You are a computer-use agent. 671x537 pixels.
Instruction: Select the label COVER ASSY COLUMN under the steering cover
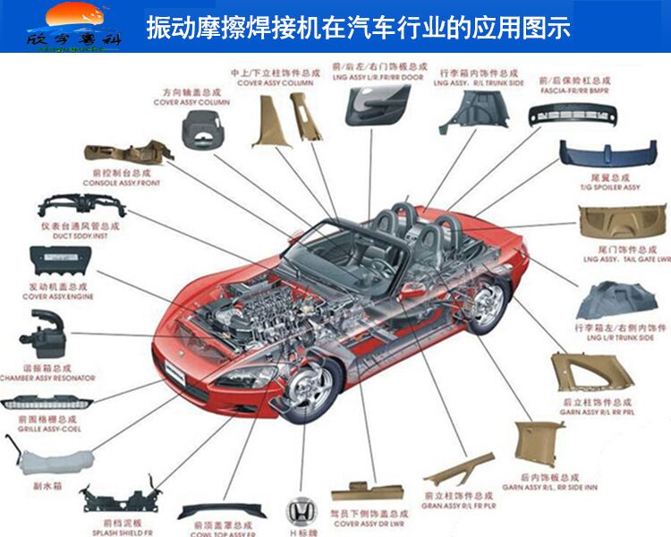191,103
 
